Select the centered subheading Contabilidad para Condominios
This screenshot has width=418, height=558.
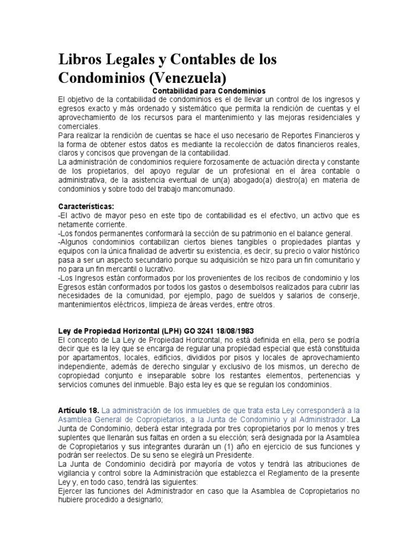[x=208, y=91]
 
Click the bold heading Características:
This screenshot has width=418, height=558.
[x=87, y=207]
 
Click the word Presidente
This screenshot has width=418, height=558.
[x=234, y=455]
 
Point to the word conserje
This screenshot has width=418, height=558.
[x=344, y=296]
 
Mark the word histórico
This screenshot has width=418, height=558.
[x=343, y=252]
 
